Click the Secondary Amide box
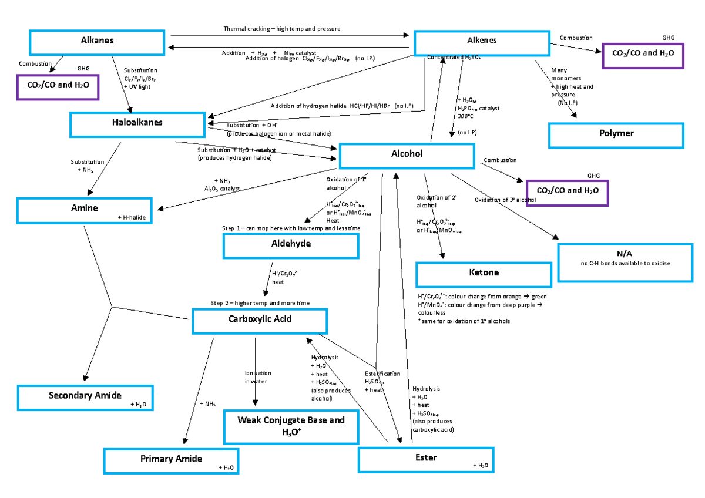86,398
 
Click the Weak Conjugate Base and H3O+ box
291,426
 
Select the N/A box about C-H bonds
625,258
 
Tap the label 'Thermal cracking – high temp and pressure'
281,29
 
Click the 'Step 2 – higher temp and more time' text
260,303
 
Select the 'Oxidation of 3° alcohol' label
505,200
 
